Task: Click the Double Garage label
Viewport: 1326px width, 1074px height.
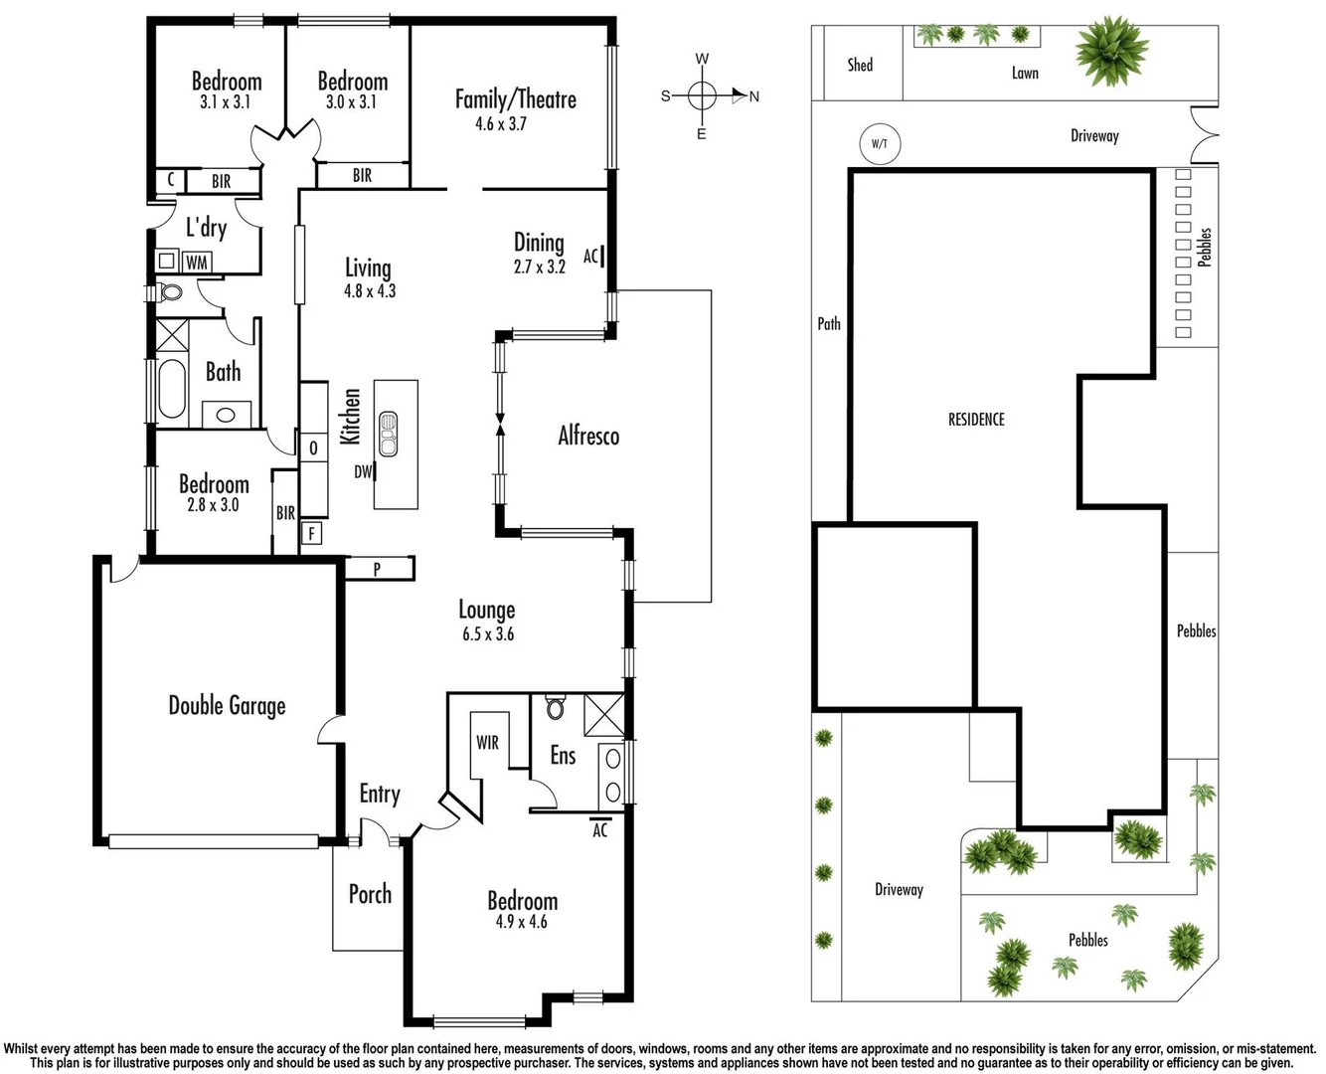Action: point(227,706)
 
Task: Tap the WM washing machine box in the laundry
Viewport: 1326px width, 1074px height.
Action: point(197,262)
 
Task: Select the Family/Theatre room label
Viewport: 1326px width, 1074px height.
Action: point(515,99)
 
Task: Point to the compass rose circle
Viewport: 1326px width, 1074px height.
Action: point(702,96)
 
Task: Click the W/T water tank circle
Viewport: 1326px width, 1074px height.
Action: point(879,143)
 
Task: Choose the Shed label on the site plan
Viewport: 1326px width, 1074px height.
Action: point(860,66)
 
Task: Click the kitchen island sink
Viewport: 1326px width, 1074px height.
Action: point(388,434)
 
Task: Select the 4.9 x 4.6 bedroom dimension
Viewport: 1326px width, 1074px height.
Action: point(521,922)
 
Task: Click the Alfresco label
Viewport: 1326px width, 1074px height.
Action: point(588,436)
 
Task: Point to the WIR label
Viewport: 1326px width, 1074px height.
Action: point(487,743)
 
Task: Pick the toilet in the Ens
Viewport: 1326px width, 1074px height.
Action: point(555,707)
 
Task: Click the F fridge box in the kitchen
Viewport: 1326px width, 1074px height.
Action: point(312,534)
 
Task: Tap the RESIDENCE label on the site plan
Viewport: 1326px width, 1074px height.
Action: point(976,420)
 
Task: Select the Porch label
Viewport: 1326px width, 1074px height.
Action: point(370,894)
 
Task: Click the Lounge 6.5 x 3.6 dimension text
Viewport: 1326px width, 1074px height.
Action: point(487,634)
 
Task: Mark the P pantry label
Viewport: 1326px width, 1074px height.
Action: point(378,569)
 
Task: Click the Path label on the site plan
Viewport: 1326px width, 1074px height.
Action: point(829,323)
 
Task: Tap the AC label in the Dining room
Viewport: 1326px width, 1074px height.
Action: point(590,257)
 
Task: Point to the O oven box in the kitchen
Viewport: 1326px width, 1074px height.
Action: point(313,448)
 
